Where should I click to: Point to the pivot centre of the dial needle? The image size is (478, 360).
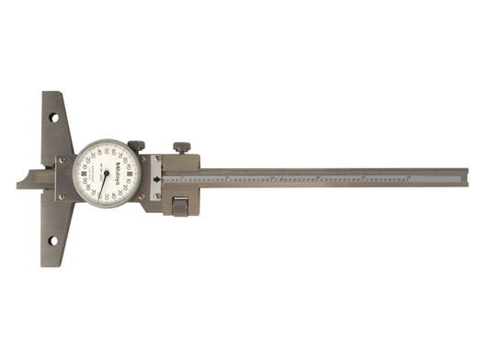pyautogui.click(x=107, y=173)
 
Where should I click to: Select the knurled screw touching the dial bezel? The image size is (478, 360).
pyautogui.click(x=136, y=144)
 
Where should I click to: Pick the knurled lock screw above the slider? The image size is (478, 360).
pyautogui.click(x=181, y=147)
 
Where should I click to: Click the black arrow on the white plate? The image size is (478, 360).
pyautogui.click(x=157, y=180)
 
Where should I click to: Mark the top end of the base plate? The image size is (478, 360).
pyautogui.click(x=57, y=94)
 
